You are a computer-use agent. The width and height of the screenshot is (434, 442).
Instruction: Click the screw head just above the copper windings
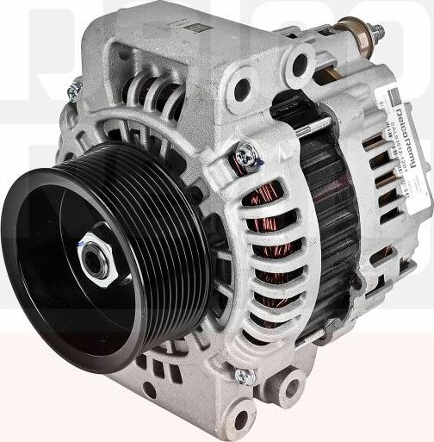pos(247,155)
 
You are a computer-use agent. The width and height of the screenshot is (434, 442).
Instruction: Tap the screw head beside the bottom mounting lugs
pos(245,376)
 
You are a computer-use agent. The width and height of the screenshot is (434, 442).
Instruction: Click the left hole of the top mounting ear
pos(242,88)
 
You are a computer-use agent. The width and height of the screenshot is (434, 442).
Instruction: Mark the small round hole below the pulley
pos(148,389)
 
